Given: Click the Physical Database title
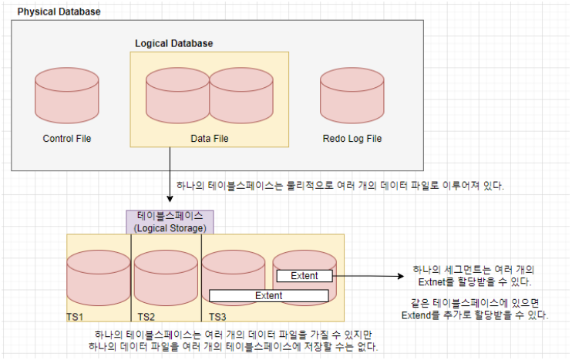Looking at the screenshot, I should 59,13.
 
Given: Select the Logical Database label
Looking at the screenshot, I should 173,43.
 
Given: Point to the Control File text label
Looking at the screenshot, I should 67,139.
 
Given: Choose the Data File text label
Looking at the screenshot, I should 210,139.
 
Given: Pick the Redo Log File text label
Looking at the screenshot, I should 352,139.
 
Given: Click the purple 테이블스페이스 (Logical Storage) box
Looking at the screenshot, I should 170,221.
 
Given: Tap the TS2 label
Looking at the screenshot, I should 146,317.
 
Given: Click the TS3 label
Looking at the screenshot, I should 217,317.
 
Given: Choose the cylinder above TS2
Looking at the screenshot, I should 167,277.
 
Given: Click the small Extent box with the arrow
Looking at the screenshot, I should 304,275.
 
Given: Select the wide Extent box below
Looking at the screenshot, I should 269,295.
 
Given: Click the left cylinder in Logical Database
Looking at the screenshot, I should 177,96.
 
